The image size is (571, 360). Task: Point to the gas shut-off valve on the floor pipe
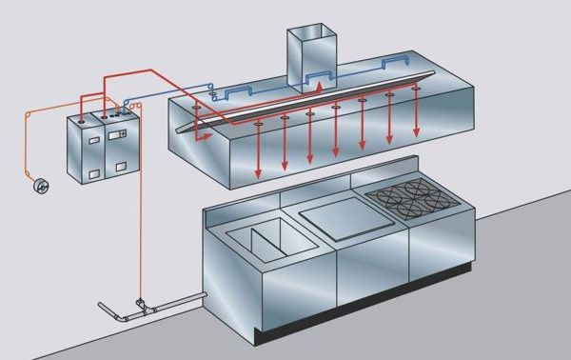coord(142,305)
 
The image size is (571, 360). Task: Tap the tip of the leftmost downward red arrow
coord(259,177)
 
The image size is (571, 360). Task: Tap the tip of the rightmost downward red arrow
coord(416,140)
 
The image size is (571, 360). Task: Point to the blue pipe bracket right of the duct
coord(393,65)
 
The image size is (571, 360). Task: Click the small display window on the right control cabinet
coord(119,135)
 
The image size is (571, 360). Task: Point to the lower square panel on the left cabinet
coord(94,173)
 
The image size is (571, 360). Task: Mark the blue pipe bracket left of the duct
coord(232,93)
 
